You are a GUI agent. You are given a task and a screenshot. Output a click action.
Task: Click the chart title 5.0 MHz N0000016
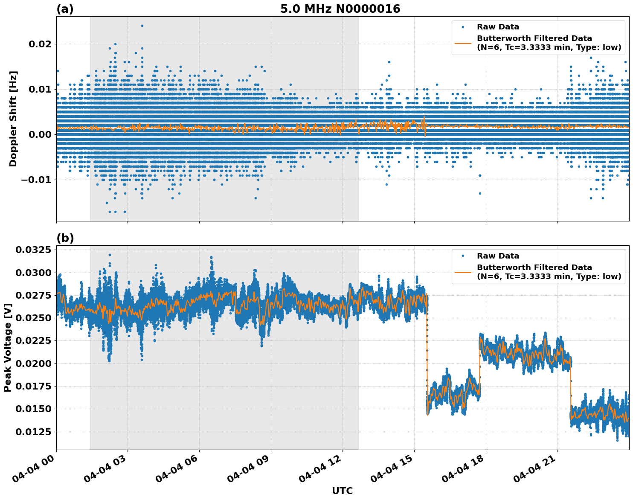tap(340, 9)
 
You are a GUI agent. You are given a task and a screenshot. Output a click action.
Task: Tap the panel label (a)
tap(65, 9)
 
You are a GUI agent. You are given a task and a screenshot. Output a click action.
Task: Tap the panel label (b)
tap(65, 238)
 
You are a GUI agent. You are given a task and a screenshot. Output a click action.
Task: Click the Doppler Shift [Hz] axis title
tap(13, 119)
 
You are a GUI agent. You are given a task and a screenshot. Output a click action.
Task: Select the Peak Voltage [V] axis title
tap(7, 347)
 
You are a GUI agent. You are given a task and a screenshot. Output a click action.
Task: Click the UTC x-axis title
tap(342, 491)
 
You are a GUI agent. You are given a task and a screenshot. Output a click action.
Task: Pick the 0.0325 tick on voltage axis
tap(33, 250)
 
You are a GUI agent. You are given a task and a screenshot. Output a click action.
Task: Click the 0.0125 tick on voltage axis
tap(33, 432)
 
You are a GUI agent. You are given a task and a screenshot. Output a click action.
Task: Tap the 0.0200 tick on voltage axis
tap(33, 363)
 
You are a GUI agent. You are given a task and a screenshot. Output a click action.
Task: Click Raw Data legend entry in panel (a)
tap(498, 27)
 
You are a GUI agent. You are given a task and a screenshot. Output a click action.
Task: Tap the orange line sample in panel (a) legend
tap(463, 43)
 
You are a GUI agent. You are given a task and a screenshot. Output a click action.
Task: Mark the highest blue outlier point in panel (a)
tap(142, 26)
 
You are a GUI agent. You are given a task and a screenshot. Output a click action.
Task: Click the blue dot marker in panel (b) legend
tap(463, 256)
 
